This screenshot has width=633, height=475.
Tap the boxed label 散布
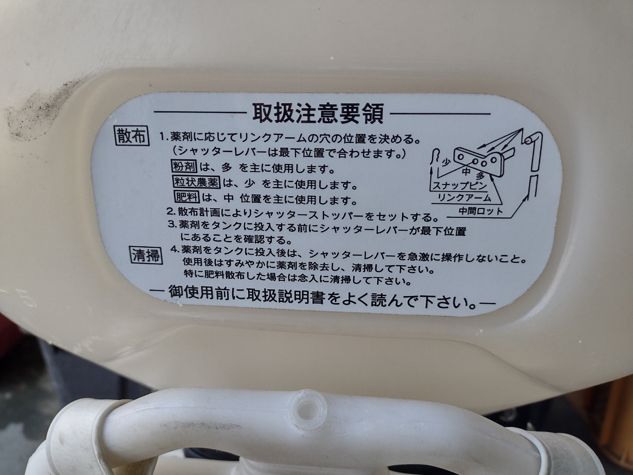coord(131,135)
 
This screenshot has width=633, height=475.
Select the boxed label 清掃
coord(146,255)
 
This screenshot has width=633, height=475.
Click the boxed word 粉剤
coord(184,167)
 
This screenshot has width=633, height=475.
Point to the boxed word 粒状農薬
coord(197,182)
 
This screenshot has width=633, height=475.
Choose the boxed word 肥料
coord(187,197)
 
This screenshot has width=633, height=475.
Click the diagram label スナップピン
coord(459,185)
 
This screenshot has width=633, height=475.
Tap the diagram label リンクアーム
coord(464,198)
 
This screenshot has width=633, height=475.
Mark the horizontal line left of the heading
coord(200,112)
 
